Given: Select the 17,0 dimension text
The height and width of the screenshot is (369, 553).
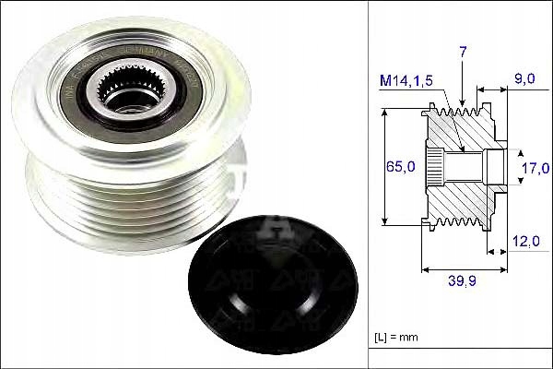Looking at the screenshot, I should tap(535, 167).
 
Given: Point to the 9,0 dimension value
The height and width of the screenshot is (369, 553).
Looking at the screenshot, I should tap(524, 79).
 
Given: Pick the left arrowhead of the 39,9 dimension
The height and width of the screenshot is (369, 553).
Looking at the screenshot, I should tap(425, 271).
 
